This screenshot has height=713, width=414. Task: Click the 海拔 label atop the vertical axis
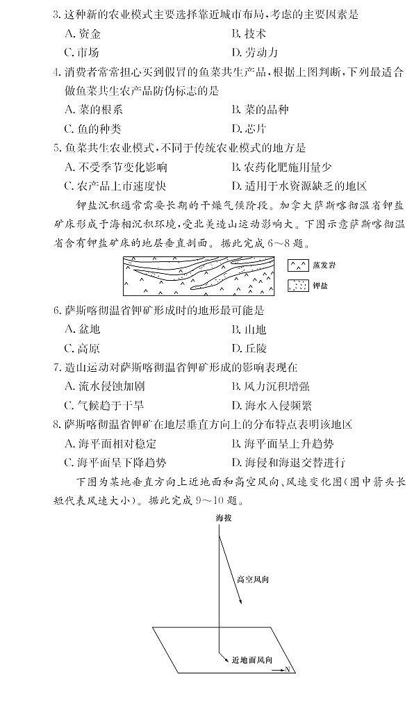[222, 518]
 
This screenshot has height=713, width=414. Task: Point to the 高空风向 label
[252, 578]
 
